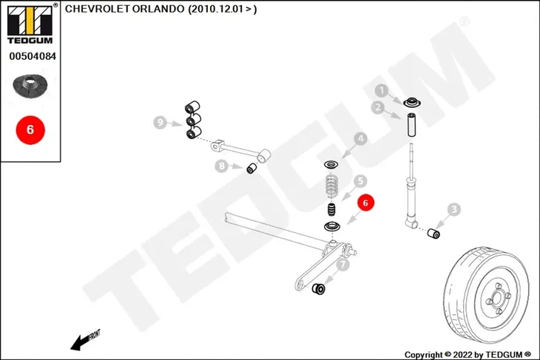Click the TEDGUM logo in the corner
click(30, 24)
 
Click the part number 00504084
click(33, 56)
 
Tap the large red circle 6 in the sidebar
click(30, 130)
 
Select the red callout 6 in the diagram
click(365, 203)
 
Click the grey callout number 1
click(381, 91)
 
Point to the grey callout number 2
click(378, 108)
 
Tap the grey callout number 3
click(454, 209)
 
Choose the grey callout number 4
click(360, 139)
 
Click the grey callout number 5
click(360, 180)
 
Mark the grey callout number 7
click(342, 265)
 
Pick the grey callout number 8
click(222, 166)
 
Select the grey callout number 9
click(160, 123)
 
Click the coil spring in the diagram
click(331, 186)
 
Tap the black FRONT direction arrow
click(85, 340)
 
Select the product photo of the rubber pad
click(30, 86)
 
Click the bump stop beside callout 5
click(331, 209)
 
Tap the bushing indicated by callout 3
click(433, 234)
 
